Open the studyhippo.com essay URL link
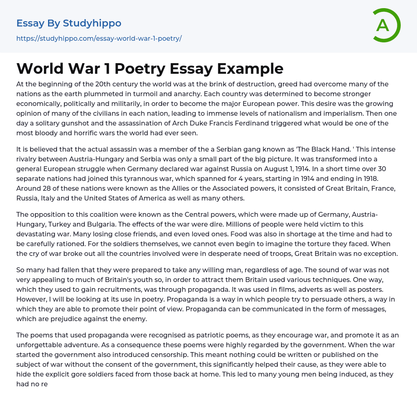click(99, 39)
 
